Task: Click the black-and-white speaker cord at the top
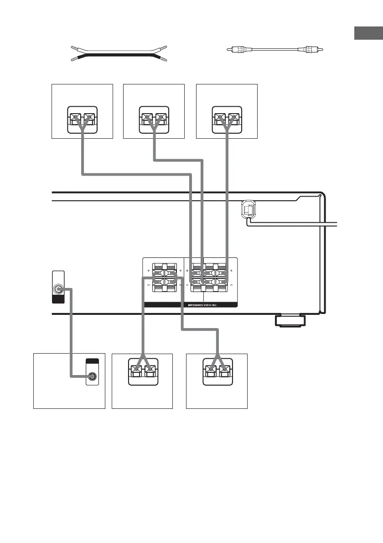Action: [119, 53]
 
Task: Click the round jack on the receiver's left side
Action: [58, 289]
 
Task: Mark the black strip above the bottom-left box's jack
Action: [93, 361]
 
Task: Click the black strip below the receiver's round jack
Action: [58, 299]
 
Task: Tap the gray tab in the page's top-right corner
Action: [368, 34]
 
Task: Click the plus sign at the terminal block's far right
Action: [232, 271]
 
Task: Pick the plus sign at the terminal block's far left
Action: [148, 271]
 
